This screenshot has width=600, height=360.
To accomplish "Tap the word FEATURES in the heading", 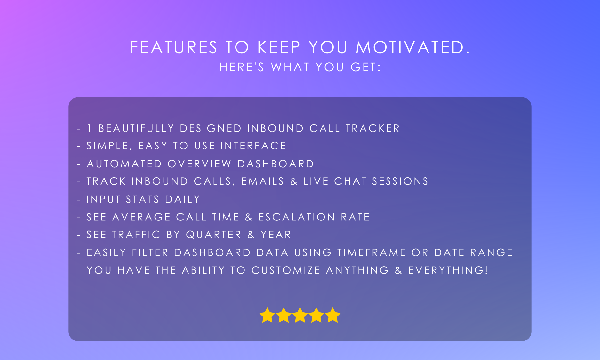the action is click(174, 47).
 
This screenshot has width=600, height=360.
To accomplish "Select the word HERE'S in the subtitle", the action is click(242, 67).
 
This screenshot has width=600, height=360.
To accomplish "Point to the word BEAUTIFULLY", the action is click(136, 128).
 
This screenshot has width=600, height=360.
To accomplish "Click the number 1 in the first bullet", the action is click(89, 128).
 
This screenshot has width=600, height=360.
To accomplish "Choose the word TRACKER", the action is click(373, 128).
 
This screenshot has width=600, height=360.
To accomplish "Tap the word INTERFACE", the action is click(253, 146).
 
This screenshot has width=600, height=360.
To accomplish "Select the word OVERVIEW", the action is click(199, 164).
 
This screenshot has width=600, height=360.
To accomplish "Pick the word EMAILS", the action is click(262, 181).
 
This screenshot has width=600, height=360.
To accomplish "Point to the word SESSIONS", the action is click(400, 181).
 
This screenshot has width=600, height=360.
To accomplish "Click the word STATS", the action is click(142, 199).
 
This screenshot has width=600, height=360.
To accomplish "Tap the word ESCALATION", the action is click(297, 217).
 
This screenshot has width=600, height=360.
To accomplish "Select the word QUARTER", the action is click(213, 235).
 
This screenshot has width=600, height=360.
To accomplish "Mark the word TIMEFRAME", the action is click(372, 252).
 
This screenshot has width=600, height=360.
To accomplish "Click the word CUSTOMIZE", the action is click(286, 270).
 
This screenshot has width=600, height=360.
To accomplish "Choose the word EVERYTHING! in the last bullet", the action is click(448, 270).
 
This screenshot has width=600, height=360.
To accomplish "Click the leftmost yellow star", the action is click(267, 315).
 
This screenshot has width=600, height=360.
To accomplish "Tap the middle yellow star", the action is click(300, 315).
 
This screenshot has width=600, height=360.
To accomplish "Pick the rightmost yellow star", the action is click(333, 315).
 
